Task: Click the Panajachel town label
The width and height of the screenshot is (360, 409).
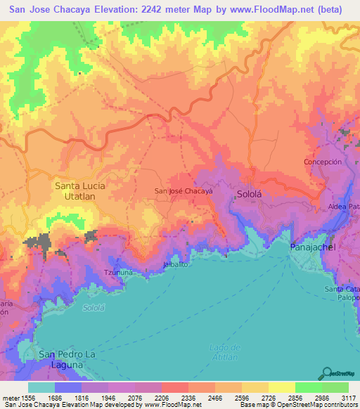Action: click(313, 248)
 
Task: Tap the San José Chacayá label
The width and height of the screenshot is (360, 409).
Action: click(183, 190)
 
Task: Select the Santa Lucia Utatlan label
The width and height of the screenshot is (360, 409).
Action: click(75, 191)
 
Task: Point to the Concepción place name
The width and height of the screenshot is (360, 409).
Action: click(323, 162)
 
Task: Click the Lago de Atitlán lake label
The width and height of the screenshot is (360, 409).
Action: click(225, 353)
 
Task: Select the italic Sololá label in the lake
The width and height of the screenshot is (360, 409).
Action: click(93, 308)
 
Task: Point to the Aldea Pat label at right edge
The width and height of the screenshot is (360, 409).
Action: click(344, 207)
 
